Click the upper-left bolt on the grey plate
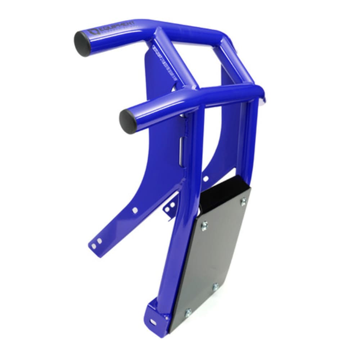(204, 225)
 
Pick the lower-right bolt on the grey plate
(215, 287)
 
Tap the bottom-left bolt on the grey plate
(188, 313)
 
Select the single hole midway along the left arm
(135, 210)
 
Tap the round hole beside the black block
(206, 178)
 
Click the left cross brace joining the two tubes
(175, 59)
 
